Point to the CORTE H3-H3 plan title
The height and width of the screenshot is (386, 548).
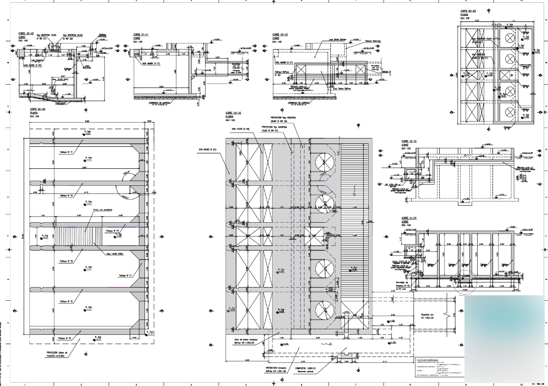[x=468, y=11]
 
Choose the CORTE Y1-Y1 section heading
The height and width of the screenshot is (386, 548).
[x=410, y=218]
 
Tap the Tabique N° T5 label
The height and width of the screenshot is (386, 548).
[x=65, y=302]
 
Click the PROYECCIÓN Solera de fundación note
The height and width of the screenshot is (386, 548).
[x=57, y=354]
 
